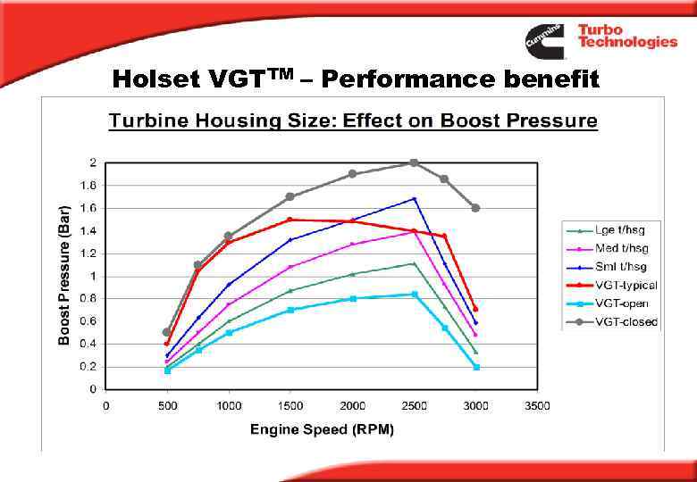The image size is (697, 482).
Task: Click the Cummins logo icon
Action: [x=545, y=40]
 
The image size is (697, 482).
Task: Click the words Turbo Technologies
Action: [x=626, y=36]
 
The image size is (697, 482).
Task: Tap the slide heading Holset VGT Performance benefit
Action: [x=356, y=80]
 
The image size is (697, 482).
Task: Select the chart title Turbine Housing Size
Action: [x=353, y=120]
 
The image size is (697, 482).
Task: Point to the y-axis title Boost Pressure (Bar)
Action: [x=64, y=272]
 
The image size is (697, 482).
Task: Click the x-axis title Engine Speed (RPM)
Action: [x=322, y=429]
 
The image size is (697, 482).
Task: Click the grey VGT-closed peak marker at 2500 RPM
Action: [x=414, y=162]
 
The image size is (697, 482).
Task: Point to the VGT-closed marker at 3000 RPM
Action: [x=475, y=208]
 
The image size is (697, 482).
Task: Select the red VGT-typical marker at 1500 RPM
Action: [x=290, y=220]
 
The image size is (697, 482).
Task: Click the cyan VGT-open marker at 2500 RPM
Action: [x=414, y=294]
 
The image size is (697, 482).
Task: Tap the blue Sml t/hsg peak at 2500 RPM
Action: [x=414, y=198]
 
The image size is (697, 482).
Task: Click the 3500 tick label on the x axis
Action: [x=537, y=406]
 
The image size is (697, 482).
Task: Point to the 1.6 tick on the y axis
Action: [x=90, y=208]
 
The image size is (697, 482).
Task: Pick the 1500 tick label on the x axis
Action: [x=290, y=406]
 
